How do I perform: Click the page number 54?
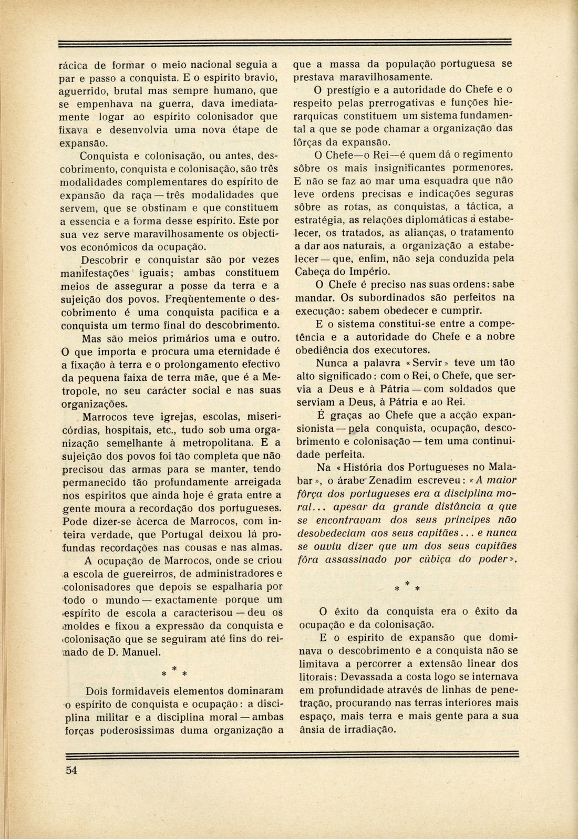click(x=71, y=770)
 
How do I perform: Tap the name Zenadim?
click(x=394, y=480)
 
